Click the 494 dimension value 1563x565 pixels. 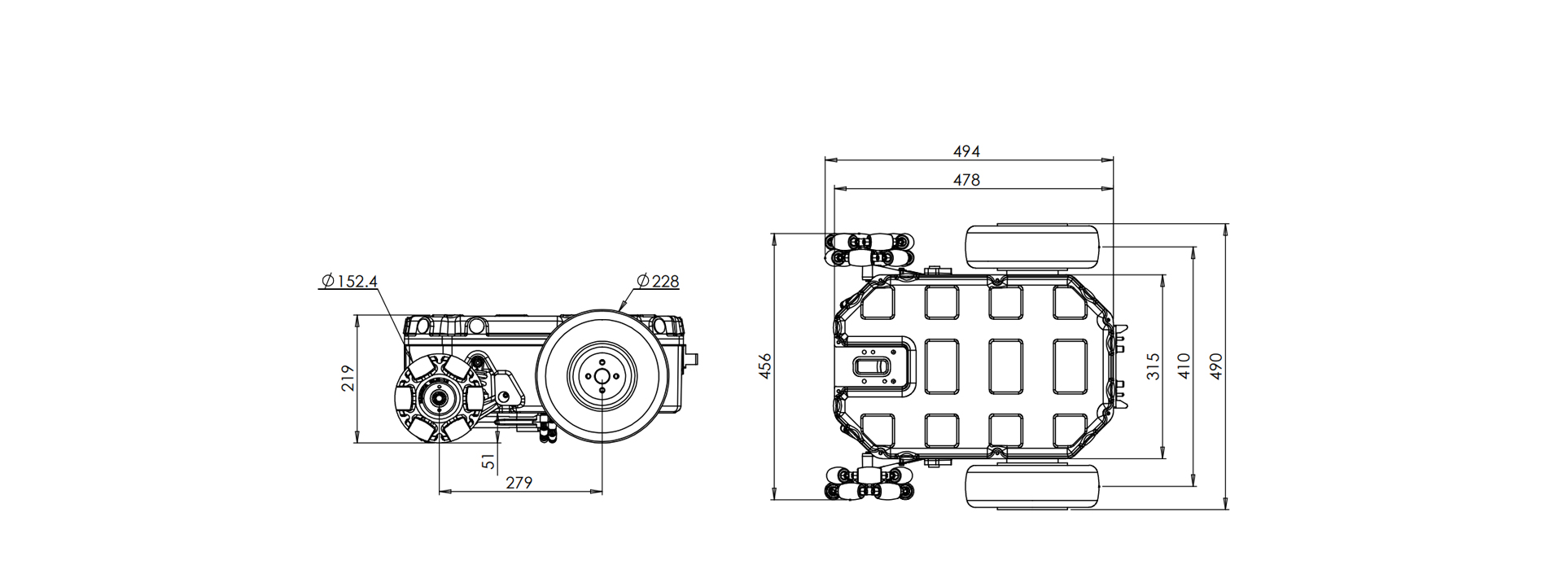click(966, 151)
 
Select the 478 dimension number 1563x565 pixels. click(966, 180)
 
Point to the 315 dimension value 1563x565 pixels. click(1153, 366)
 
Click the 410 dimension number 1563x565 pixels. click(1184, 366)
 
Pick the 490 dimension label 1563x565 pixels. click(1215, 366)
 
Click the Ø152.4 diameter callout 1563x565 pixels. click(349, 282)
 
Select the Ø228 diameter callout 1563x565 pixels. click(658, 282)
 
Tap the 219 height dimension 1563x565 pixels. click(348, 379)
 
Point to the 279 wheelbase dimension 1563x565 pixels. click(519, 483)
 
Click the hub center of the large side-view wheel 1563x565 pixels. click(602, 374)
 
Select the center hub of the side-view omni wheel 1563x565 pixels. click(440, 398)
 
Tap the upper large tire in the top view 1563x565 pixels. click(1032, 247)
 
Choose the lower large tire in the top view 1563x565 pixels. click(1032, 487)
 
